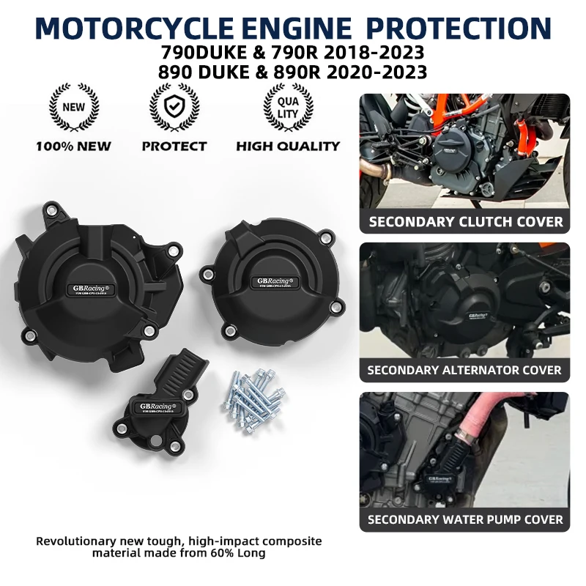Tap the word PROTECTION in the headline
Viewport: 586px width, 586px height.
(459, 28)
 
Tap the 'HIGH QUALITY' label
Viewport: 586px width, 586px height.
(288, 146)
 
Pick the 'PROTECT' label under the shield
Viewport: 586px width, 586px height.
(174, 146)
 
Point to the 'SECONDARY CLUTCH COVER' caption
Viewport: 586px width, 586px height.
(465, 222)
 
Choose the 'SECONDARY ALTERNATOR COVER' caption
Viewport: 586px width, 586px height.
(464, 371)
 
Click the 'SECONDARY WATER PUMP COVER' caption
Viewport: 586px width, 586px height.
(464, 519)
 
